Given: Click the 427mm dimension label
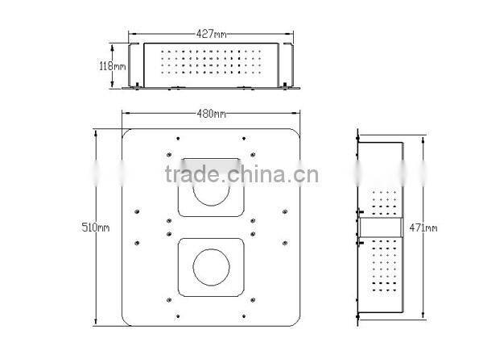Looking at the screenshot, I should (x=211, y=35).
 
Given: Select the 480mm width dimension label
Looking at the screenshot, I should (x=211, y=114).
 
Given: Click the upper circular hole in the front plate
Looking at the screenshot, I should (x=209, y=195).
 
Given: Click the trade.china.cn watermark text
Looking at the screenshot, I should (x=242, y=174).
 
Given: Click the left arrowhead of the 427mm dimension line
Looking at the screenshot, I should (x=133, y=35).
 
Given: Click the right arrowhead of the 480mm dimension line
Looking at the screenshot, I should (x=299, y=114).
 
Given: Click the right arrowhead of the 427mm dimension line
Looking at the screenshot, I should (x=291, y=35).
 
